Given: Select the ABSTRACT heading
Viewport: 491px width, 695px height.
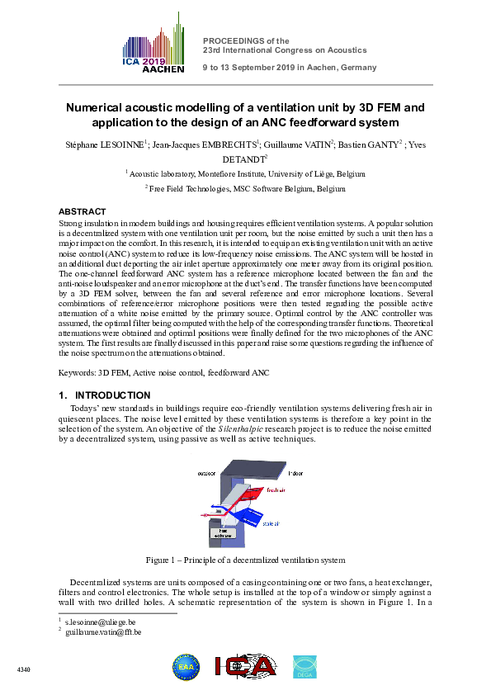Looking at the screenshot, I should tap(83, 212).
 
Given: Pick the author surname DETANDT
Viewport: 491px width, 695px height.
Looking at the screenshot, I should tap(244, 158).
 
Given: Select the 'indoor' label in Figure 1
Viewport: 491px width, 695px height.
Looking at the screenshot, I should tap(295, 473).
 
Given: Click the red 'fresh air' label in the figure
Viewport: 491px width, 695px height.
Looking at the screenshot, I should tap(277, 490).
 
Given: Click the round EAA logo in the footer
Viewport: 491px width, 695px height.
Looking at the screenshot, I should tap(186, 667).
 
